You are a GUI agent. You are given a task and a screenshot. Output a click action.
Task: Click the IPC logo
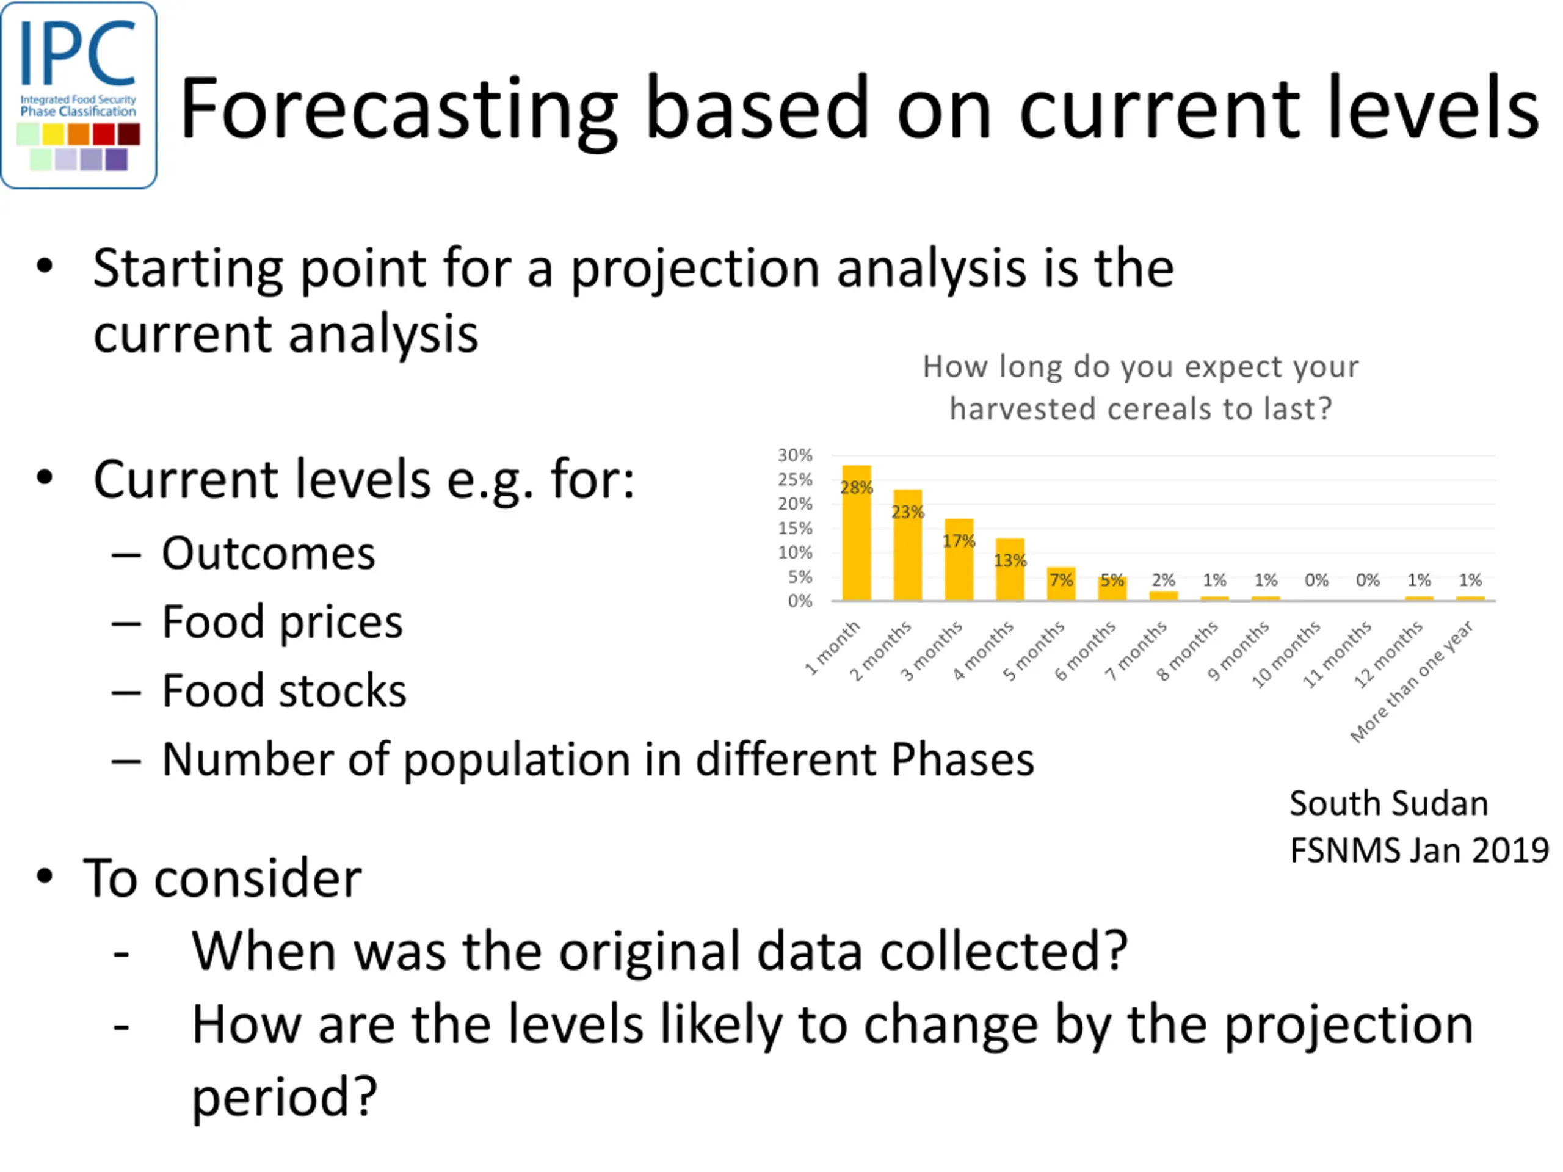point(78,95)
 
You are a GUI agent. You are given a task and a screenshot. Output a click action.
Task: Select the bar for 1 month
point(857,533)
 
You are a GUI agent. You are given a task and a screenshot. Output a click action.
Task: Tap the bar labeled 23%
point(907,544)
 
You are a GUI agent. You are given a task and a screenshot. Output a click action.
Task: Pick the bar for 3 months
point(959,560)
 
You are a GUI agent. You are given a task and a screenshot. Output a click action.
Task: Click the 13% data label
point(1010,560)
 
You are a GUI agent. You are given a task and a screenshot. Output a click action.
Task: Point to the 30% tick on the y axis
point(795,455)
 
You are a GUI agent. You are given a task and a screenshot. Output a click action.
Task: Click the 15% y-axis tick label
point(795,528)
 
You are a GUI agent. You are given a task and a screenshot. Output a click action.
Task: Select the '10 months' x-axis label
point(1285,654)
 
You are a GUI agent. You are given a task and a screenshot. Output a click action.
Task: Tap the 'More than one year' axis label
point(1412,682)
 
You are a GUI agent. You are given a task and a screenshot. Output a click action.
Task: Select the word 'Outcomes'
point(269,553)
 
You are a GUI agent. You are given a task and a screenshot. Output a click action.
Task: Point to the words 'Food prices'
point(283,623)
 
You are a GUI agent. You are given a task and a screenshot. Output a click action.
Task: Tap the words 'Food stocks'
point(284,690)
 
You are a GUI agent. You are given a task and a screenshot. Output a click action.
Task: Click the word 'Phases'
point(962,759)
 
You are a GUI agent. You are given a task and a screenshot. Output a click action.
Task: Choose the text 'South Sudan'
point(1388,803)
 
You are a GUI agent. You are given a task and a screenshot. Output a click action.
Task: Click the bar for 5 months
point(1061,584)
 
